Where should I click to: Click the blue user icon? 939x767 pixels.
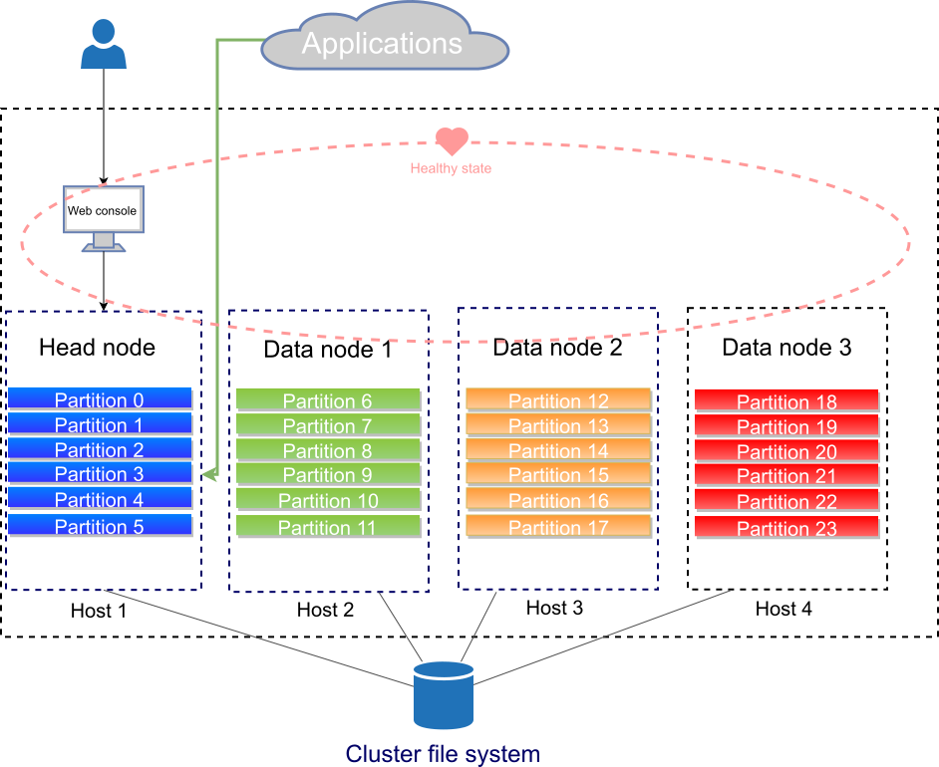[104, 46]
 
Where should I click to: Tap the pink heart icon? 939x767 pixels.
[452, 141]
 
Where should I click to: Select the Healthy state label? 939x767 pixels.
[451, 168]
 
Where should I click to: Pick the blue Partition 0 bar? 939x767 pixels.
[100, 398]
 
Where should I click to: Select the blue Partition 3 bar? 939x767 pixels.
[100, 473]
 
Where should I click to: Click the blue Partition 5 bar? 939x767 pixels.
[100, 525]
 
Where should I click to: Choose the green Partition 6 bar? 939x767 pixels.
[327, 399]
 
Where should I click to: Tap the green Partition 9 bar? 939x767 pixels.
[327, 474]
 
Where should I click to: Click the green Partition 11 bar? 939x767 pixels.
[327, 526]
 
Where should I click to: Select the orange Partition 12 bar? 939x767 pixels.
[558, 399]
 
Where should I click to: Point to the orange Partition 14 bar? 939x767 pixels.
[558, 449]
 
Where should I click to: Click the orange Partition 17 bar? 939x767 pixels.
[558, 526]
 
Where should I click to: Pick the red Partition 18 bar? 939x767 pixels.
[786, 400]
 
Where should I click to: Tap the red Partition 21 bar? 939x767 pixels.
[786, 475]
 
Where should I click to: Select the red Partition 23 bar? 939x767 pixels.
[786, 527]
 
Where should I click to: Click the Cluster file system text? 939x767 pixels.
[443, 754]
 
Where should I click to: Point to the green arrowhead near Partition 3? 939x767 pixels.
[208, 475]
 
